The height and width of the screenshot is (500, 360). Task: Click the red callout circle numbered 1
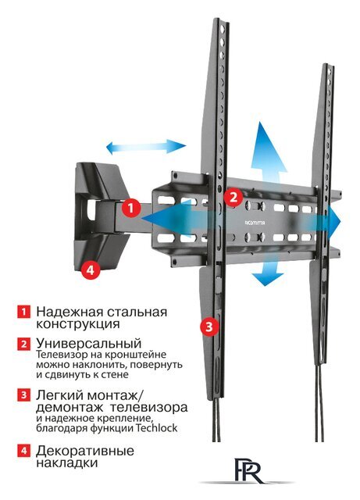131,209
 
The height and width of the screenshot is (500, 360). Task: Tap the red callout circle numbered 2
231,197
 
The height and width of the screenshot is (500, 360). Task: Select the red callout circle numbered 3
209,326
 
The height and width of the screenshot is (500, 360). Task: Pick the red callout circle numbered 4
91,270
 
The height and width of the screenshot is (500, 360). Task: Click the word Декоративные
84,451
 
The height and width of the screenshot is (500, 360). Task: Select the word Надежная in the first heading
66,312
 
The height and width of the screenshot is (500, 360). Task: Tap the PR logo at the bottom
248,472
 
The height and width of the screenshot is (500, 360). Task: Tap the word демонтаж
69,409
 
